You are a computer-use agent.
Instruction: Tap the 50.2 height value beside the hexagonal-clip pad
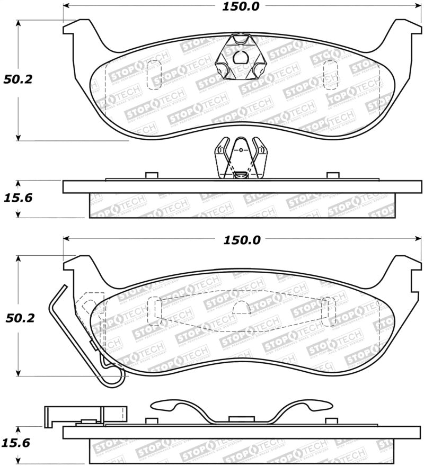tap(19, 80)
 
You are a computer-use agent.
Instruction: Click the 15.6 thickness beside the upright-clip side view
tap(19, 198)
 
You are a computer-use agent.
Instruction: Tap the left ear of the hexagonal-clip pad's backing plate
tap(75, 28)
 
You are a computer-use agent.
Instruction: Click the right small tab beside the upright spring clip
tap(333, 175)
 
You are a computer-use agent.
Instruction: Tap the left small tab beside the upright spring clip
tap(151, 175)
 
